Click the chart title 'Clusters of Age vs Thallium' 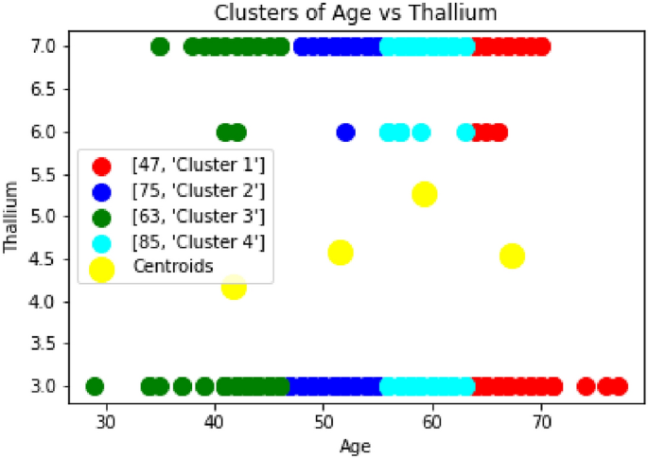click(356, 13)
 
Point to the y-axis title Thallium click(10, 217)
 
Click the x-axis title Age click(355, 447)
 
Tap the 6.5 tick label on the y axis click(43, 89)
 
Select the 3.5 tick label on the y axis click(43, 344)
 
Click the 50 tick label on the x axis click(324, 422)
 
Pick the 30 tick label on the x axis click(107, 422)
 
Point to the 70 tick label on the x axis click(541, 422)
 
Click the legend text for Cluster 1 click(199, 165)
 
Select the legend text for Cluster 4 click(199, 242)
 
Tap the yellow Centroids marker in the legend click(101, 269)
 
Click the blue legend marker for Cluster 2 click(101, 192)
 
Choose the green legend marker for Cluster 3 click(101, 218)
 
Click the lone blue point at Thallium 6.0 click(346, 132)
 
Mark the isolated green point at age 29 click(95, 387)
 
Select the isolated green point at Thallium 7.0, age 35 click(160, 46)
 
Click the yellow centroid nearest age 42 click(234, 287)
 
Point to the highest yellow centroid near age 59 click(425, 193)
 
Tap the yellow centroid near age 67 click(512, 256)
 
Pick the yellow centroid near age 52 click(341, 253)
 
